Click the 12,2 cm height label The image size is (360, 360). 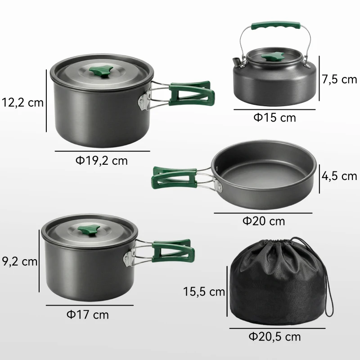tap(22, 102)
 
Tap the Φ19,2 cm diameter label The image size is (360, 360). tap(101, 160)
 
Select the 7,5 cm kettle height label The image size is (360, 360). tap(339, 80)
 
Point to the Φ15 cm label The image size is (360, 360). tap(274, 117)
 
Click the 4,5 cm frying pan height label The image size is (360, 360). tap(339, 176)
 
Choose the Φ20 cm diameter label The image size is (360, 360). tap(264, 221)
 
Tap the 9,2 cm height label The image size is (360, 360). tap(19, 261)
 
